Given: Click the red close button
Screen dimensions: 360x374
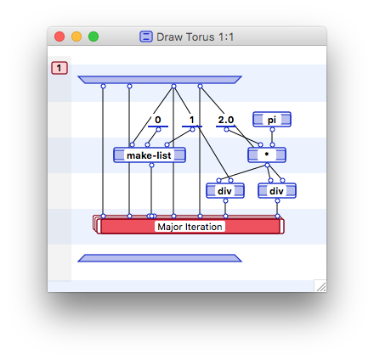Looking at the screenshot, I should (59, 37).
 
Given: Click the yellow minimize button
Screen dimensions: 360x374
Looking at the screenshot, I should (76, 37).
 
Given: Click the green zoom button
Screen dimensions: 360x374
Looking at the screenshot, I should (93, 37).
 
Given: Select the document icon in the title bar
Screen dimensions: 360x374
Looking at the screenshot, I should (146, 37).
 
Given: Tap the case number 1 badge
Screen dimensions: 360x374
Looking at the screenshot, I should (59, 68).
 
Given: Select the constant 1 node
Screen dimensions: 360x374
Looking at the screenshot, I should (192, 121).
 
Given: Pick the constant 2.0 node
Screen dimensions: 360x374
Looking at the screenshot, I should (225, 121).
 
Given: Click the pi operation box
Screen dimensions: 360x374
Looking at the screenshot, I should (272, 120).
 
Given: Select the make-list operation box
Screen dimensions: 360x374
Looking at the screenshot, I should (150, 155).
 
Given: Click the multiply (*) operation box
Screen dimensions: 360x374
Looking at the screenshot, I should (267, 155).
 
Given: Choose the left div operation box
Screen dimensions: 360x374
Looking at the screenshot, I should (225, 191).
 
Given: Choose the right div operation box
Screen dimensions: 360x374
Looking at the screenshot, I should (277, 191).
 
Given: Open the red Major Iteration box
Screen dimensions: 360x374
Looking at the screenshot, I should (190, 227).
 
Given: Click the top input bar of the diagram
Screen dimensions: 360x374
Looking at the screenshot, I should (160, 80).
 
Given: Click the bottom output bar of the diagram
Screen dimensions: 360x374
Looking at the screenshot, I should (160, 257).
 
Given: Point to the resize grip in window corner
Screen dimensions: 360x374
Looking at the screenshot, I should (320, 286).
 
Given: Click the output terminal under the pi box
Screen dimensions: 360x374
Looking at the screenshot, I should (272, 131).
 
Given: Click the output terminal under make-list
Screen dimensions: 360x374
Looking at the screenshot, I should (151, 165).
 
